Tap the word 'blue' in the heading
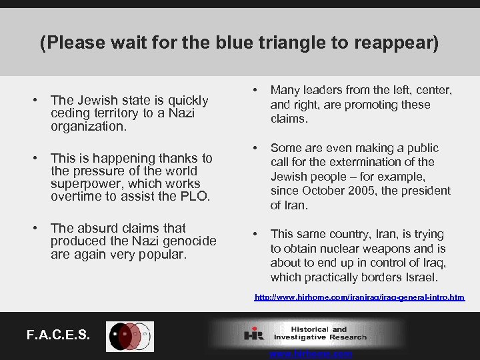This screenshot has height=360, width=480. click(x=234, y=44)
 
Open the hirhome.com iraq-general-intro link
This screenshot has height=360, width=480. click(x=360, y=297)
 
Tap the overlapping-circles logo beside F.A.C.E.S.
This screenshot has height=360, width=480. click(x=131, y=336)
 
